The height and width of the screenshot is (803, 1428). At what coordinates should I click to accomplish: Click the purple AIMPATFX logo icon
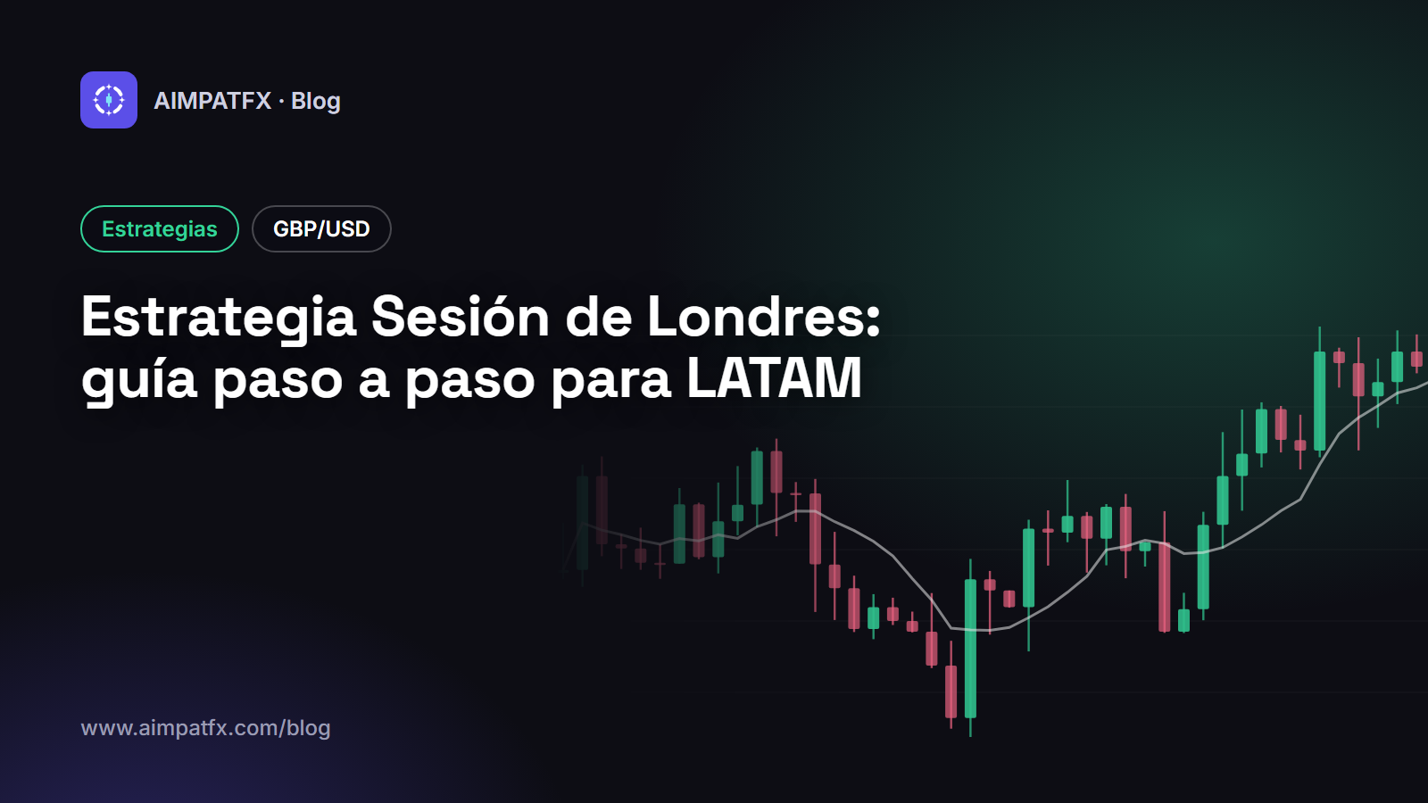[108, 100]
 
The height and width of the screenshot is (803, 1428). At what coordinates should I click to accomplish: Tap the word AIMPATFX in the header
[212, 101]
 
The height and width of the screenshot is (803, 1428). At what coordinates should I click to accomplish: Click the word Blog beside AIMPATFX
[316, 102]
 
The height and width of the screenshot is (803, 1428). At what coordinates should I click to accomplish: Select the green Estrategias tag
[160, 228]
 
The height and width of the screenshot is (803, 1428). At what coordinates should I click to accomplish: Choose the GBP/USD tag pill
[321, 228]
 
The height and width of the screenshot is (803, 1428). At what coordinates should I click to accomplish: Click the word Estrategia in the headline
[218, 318]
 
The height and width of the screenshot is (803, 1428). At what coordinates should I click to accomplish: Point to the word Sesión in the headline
[460, 317]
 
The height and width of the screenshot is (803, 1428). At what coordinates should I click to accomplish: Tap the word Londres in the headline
[763, 317]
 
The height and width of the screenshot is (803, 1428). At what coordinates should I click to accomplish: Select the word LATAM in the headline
[774, 378]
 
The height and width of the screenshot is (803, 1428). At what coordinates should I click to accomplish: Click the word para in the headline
[610, 384]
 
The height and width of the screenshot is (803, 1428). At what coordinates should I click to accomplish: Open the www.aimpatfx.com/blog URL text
[205, 728]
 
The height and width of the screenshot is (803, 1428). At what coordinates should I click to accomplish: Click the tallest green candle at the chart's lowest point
[970, 648]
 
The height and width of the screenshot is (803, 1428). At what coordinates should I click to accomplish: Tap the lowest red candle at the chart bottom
[951, 691]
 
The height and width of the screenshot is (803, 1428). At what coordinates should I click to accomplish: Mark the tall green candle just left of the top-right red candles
[1320, 401]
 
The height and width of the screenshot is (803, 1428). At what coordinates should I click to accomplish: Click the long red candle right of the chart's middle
[1164, 586]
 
